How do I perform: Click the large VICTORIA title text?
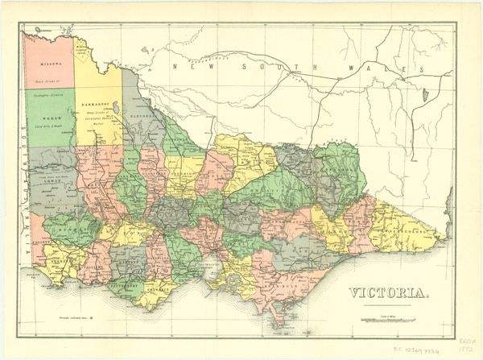pos(387,292)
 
